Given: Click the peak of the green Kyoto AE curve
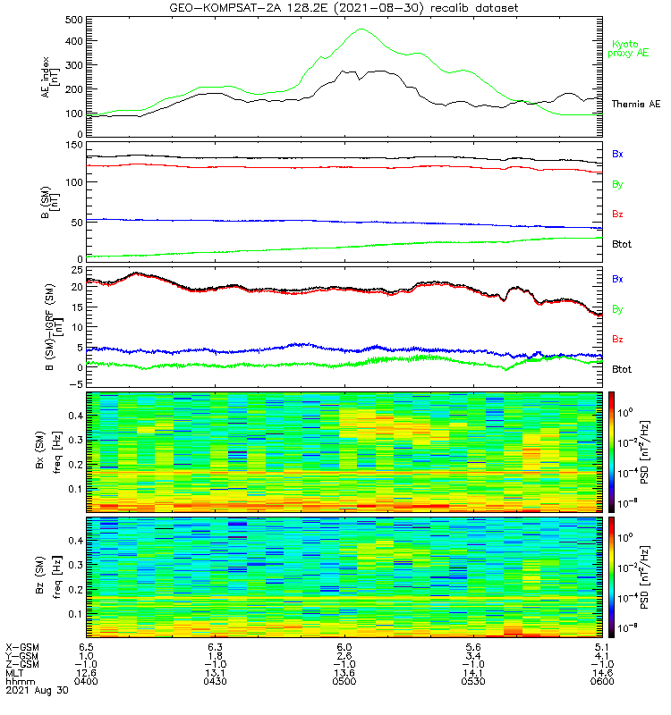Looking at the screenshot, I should coord(361,29).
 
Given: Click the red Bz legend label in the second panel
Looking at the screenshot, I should coord(617,214).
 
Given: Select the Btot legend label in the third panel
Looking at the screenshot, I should coord(621,369).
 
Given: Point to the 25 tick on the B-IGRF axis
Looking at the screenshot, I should coord(76,270).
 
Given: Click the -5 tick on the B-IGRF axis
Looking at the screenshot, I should coord(76,384).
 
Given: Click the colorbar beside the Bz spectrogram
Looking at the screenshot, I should coord(613,576).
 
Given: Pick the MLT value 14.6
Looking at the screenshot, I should coord(600,673).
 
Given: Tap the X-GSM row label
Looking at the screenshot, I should coord(20,646).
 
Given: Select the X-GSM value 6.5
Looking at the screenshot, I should coord(86,646).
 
